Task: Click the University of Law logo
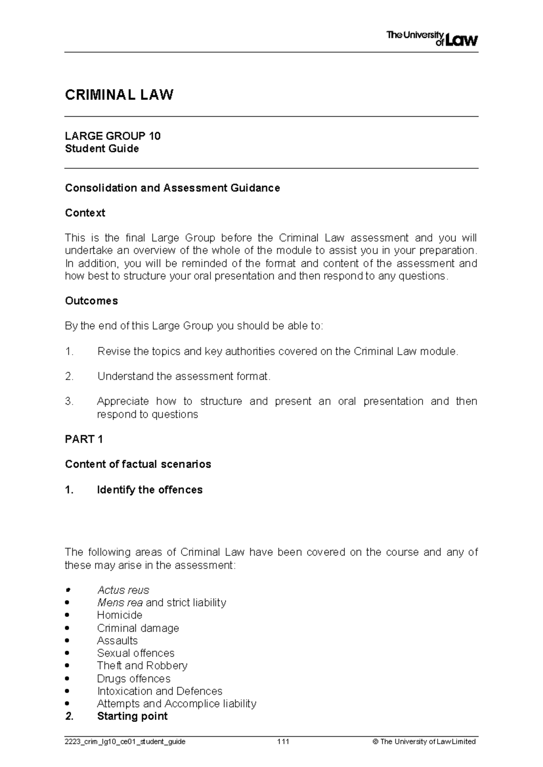pyautogui.click(x=432, y=39)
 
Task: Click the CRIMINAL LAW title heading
pyautogui.click(x=119, y=95)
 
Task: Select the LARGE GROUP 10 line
pyautogui.click(x=113, y=136)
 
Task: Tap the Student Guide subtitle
pyautogui.click(x=102, y=149)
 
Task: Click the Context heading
pyautogui.click(x=85, y=213)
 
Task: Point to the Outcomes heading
pyautogui.click(x=91, y=301)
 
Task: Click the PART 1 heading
pyautogui.click(x=84, y=439)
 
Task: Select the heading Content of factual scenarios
pyautogui.click(x=138, y=464)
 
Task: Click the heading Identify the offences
pyautogui.click(x=149, y=490)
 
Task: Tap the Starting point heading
pyautogui.click(x=132, y=716)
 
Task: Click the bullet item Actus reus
pyautogui.click(x=123, y=590)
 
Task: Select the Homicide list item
pyautogui.click(x=119, y=615)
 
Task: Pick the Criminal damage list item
pyautogui.click(x=138, y=628)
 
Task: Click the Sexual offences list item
pyautogui.click(x=135, y=653)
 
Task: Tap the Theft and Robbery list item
pyautogui.click(x=142, y=666)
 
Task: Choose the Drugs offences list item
pyautogui.click(x=133, y=679)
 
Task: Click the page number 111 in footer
pyautogui.click(x=283, y=742)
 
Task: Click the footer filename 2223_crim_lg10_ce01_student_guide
pyautogui.click(x=125, y=742)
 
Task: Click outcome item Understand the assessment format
pyautogui.click(x=184, y=376)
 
